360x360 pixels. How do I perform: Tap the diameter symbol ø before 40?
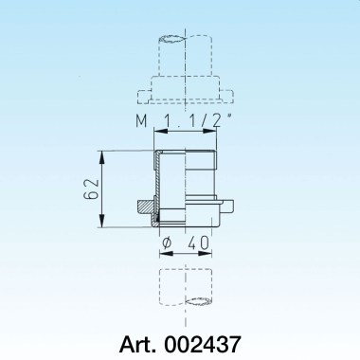coord(166,244)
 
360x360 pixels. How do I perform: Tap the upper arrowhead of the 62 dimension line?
coord(99,153)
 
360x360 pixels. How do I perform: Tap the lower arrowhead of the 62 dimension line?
coord(99,225)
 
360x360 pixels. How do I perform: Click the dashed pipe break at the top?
coord(186,43)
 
